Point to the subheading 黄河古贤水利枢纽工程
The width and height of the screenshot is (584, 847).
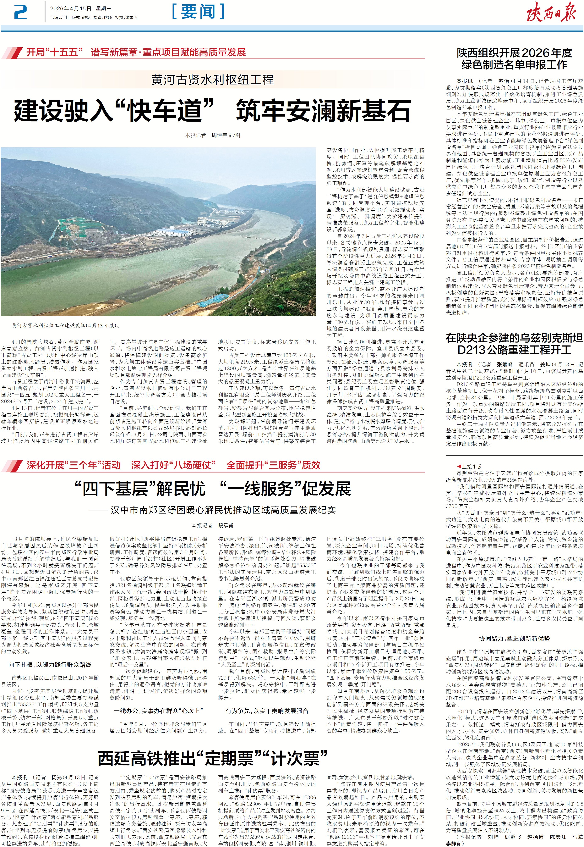pos(212,80)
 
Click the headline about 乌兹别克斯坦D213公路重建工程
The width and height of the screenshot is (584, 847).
pos(514,344)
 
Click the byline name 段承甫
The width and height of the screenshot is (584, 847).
pos(226,525)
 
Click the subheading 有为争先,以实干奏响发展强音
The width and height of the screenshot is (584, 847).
pos(267,711)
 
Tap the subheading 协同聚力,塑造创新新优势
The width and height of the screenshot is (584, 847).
pos(514,638)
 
